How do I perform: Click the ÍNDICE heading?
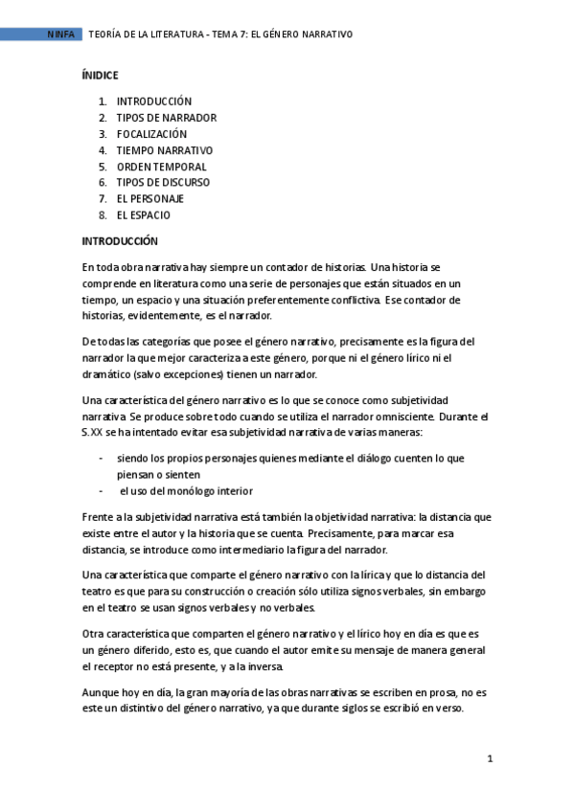[x=100, y=74]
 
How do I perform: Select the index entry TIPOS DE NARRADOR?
[x=166, y=118]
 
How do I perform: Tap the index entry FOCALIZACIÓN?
[x=151, y=134]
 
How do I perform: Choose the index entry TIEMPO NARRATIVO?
[x=164, y=150]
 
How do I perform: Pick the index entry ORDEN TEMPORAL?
[x=161, y=167]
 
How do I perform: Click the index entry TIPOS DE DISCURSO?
[x=163, y=182]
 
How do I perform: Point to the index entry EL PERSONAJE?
[x=149, y=198]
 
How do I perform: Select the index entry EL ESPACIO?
[x=143, y=214]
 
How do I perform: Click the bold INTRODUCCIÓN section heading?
[x=120, y=241]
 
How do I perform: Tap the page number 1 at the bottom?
[x=490, y=759]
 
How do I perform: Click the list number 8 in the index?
[x=102, y=214]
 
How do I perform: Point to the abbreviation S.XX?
[x=96, y=433]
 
